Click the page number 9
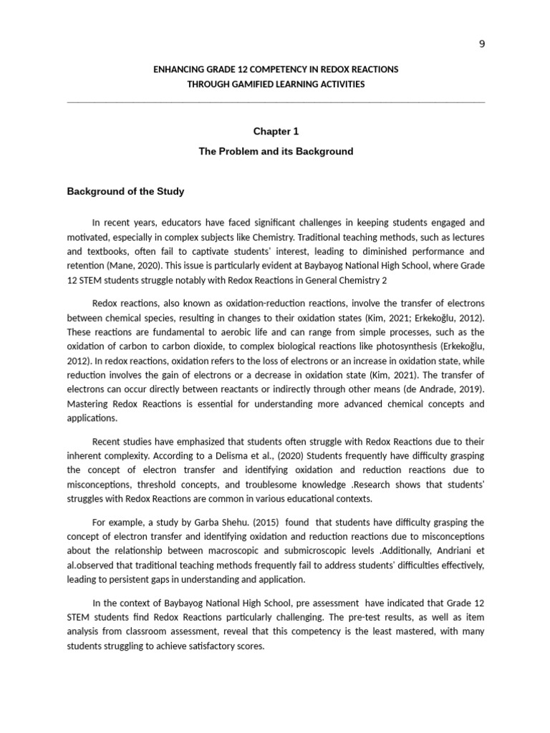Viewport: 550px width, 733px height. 482,44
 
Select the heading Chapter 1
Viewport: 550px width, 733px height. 275,132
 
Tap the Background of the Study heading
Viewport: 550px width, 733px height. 125,191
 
